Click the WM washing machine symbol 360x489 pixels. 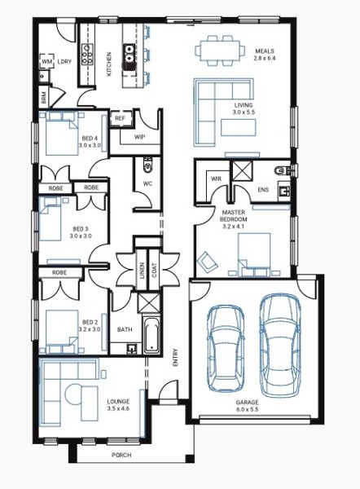click(x=46, y=61)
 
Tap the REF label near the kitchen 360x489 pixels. click(x=120, y=118)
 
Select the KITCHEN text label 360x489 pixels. click(x=109, y=64)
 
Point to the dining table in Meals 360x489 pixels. click(x=220, y=51)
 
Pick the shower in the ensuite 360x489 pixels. click(x=241, y=170)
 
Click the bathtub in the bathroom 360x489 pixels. click(x=151, y=335)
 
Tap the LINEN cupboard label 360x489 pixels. click(x=143, y=271)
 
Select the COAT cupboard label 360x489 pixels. click(x=154, y=271)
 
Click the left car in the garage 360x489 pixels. click(x=226, y=348)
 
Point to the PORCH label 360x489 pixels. click(x=121, y=455)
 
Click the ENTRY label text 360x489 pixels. click(x=175, y=358)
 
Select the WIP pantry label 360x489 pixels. click(x=139, y=137)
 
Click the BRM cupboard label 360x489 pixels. click(x=44, y=98)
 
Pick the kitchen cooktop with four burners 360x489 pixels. click(x=87, y=55)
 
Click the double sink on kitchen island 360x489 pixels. click(x=129, y=54)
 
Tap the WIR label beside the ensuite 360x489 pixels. click(x=216, y=178)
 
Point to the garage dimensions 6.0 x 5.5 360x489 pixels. click(x=247, y=409)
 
